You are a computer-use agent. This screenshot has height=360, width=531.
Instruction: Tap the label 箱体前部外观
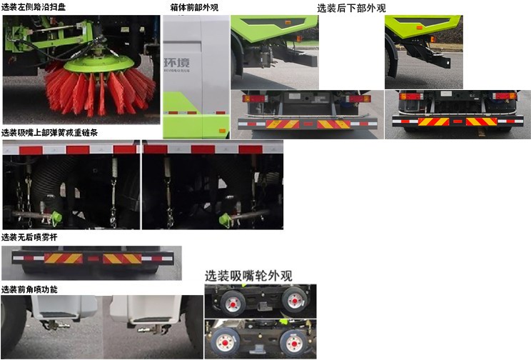click(x=194, y=7)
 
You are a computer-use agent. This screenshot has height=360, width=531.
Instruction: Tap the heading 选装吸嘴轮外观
click(x=248, y=276)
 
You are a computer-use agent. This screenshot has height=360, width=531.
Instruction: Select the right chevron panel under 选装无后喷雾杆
click(x=122, y=258)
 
